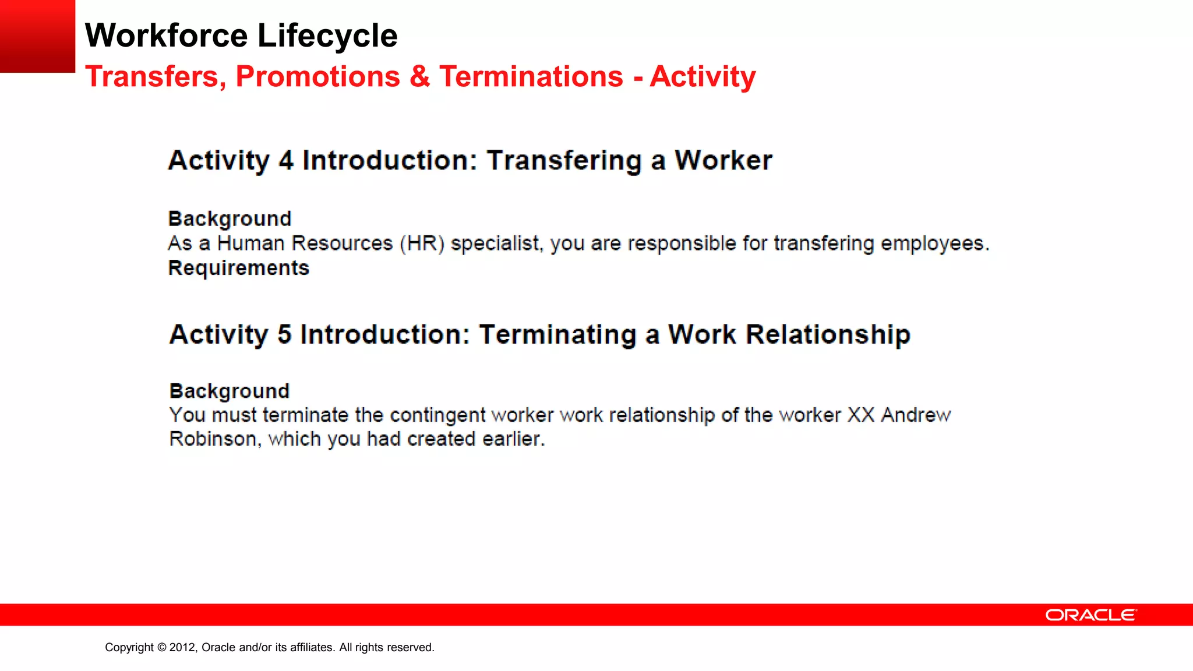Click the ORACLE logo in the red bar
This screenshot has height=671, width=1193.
click(1090, 615)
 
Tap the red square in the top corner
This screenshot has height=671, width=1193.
click(37, 36)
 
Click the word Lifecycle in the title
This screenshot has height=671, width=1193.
click(327, 36)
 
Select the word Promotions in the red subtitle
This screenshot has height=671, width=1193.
click(318, 77)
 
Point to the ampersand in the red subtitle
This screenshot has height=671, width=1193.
click(419, 77)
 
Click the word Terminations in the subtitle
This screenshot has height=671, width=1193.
click(531, 77)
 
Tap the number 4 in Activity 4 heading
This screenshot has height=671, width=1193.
click(286, 161)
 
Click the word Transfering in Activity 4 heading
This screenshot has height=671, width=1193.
click(564, 161)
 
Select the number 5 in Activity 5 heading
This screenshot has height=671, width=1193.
click(284, 335)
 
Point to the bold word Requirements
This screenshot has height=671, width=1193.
click(238, 268)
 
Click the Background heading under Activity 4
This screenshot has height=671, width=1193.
click(230, 219)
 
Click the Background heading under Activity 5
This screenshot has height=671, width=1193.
click(230, 391)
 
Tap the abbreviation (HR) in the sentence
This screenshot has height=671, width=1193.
click(422, 243)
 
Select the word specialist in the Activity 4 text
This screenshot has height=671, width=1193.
click(496, 243)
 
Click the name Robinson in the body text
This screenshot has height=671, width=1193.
click(213, 439)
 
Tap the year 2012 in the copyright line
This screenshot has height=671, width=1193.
click(183, 648)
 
